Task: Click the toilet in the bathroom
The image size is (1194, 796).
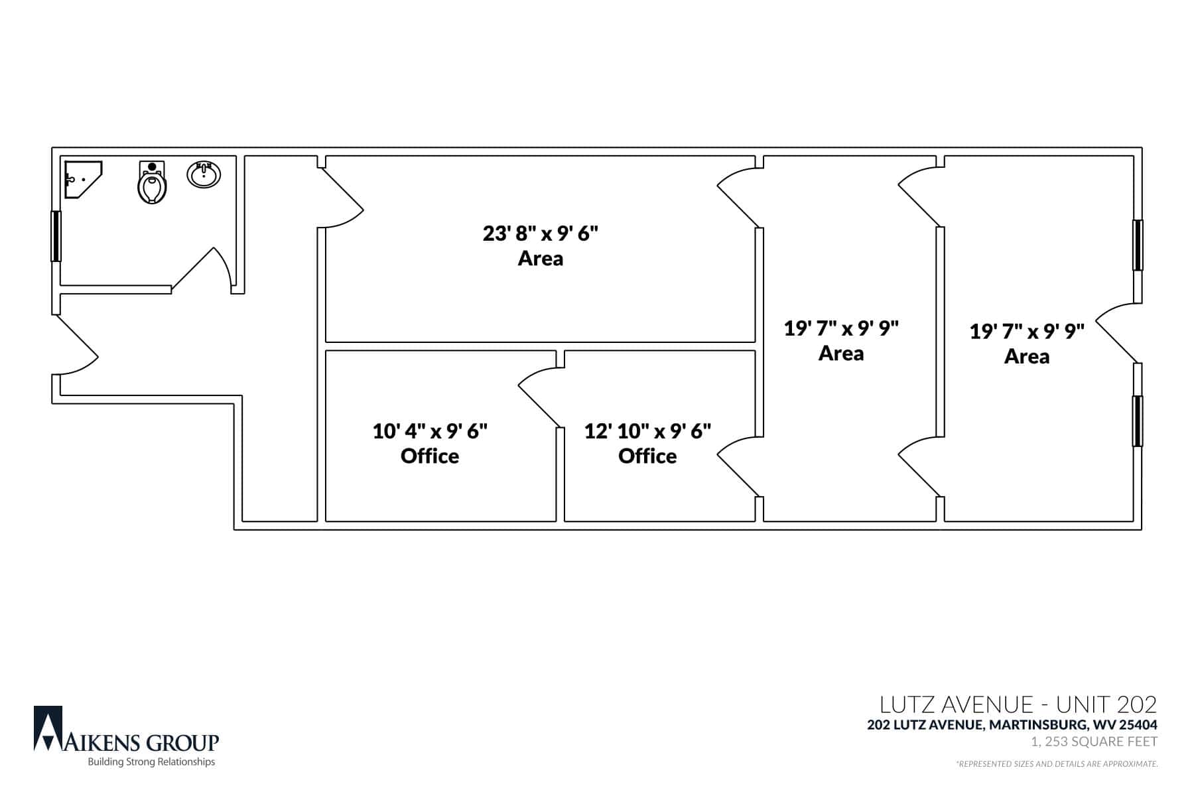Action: [x=152, y=182]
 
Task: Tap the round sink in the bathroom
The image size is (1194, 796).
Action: [x=204, y=175]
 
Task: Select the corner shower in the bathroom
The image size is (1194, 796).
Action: [x=83, y=180]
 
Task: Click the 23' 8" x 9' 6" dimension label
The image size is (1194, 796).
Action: [x=541, y=233]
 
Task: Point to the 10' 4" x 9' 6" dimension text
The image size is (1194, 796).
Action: [x=430, y=431]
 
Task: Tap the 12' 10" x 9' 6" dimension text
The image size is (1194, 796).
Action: [x=647, y=431]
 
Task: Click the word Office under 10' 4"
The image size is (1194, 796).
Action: [x=430, y=456]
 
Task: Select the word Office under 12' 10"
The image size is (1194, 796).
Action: [x=647, y=456]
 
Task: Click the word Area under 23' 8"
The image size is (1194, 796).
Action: [x=541, y=258]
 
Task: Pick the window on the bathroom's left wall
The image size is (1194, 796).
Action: [x=56, y=236]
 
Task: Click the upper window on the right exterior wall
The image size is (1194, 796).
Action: [x=1138, y=245]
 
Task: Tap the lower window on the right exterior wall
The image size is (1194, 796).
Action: [x=1138, y=421]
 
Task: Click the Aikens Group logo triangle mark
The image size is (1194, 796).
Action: [x=48, y=728]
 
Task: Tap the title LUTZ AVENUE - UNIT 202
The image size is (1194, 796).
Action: [x=1018, y=704]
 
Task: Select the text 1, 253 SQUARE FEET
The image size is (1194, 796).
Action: [x=1094, y=742]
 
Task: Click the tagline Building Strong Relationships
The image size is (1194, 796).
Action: [x=152, y=762]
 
